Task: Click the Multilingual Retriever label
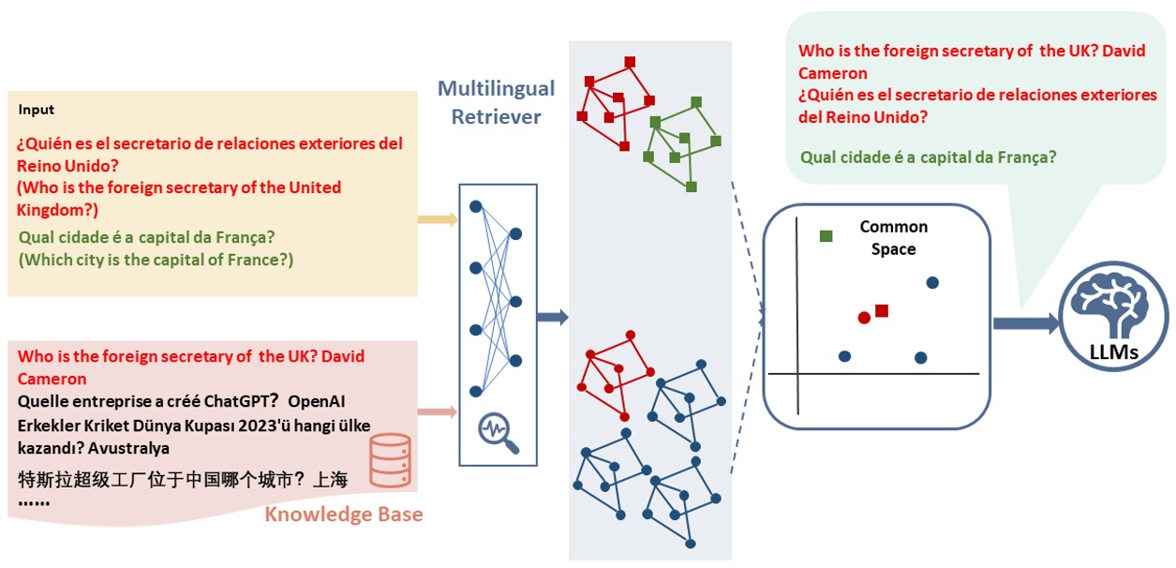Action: (x=496, y=102)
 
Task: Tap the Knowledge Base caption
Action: (x=343, y=515)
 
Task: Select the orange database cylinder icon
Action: (x=390, y=460)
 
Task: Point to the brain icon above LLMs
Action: (x=1113, y=301)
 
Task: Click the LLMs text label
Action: (x=1114, y=352)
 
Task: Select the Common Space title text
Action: (x=893, y=238)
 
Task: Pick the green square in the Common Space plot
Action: (x=826, y=236)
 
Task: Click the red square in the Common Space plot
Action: (x=881, y=310)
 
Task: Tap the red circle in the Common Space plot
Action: (x=864, y=318)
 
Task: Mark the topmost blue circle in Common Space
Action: (x=931, y=282)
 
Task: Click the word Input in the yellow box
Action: (x=37, y=110)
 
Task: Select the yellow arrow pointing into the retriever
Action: (x=438, y=220)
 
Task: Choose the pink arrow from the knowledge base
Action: (x=438, y=411)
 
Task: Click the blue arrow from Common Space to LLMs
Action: (x=1027, y=323)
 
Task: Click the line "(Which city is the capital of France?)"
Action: (x=156, y=260)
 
